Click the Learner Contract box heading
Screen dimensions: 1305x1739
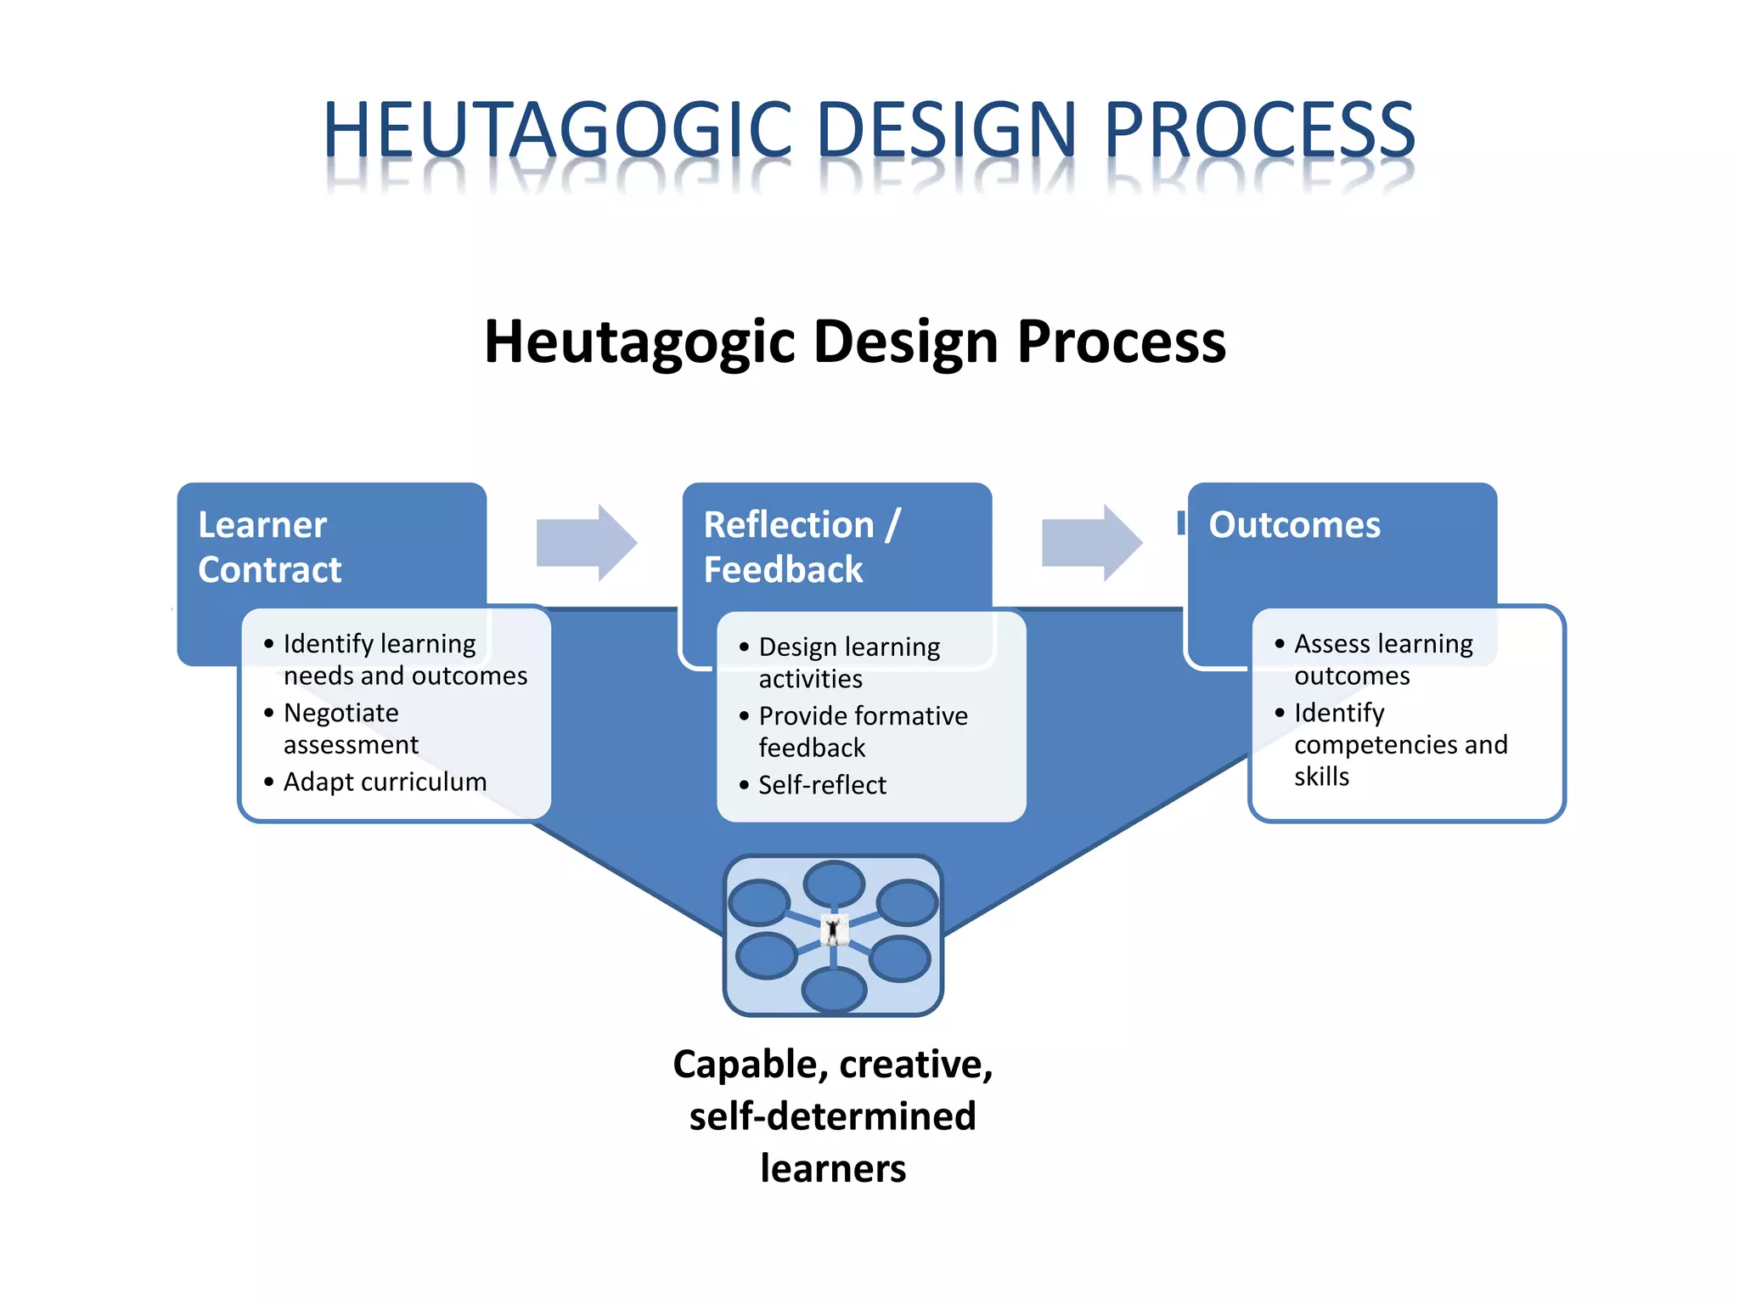coord(269,546)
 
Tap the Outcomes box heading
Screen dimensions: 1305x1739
coord(1294,525)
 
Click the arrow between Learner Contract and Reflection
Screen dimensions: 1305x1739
coord(586,542)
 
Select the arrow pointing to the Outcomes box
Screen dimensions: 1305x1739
coord(1091,542)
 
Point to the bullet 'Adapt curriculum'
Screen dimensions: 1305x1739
coord(385,782)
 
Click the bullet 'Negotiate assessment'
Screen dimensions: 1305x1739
coord(350,728)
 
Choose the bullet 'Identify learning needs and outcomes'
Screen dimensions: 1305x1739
coord(404,659)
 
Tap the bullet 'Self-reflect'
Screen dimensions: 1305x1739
coord(821,785)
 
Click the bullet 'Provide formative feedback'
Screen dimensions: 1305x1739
coord(862,732)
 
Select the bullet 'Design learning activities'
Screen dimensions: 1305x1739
coord(848,663)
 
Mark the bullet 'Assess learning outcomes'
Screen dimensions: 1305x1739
coord(1382,659)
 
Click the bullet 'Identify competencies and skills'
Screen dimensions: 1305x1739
coord(1399,744)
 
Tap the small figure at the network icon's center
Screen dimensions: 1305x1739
coord(834,931)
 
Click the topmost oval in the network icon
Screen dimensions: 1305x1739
coord(834,884)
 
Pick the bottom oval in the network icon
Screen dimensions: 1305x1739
coord(834,990)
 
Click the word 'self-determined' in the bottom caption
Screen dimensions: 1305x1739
coord(832,1116)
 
